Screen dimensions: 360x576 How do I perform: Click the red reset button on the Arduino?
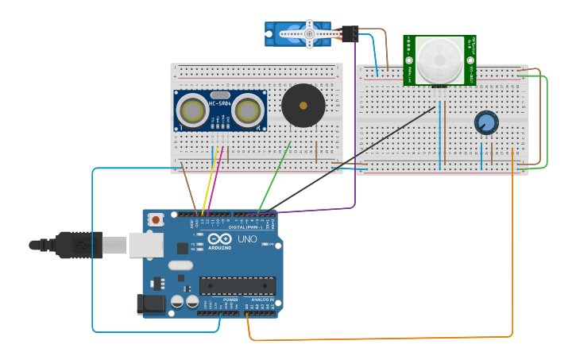coord(157,219)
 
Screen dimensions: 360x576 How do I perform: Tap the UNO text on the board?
coord(247,238)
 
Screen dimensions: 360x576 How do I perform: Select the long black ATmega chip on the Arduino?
coord(238,285)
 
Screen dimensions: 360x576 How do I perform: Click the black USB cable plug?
coord(79,245)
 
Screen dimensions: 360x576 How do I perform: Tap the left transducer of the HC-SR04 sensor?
coord(191,109)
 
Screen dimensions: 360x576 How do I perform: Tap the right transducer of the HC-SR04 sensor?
coord(249,109)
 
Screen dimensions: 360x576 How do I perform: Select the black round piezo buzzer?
coord(303,105)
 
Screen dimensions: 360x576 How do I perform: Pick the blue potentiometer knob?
coord(486,122)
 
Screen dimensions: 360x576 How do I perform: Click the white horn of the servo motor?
coord(307,33)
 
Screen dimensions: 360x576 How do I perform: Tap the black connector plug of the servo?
coord(350,33)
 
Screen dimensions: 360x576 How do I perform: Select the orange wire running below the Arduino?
coord(381,339)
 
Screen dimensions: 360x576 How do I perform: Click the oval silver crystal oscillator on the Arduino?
coord(180,265)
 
